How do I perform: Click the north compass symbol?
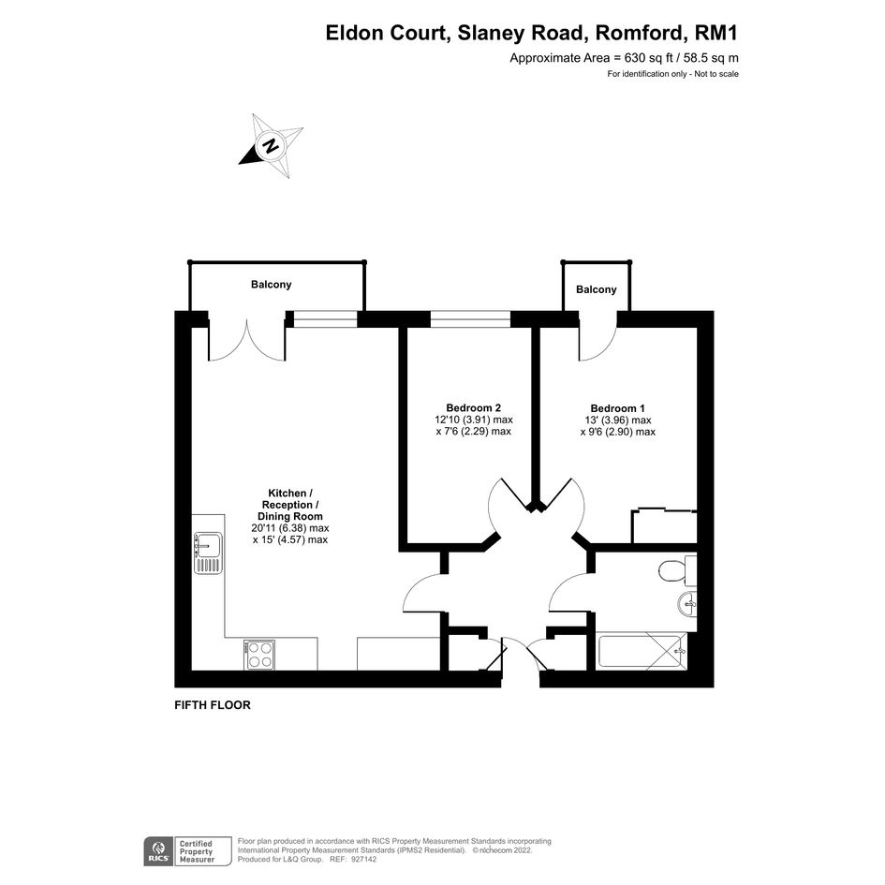(x=271, y=145)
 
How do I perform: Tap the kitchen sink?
(x=208, y=553)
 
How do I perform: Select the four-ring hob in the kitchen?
(x=259, y=655)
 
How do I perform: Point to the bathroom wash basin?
(x=687, y=605)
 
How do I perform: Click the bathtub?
(x=642, y=653)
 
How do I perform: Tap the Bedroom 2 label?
(x=474, y=407)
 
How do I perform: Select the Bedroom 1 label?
(x=617, y=408)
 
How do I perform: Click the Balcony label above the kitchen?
(x=271, y=285)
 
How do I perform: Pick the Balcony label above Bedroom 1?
(x=596, y=289)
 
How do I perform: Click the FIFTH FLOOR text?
(x=213, y=705)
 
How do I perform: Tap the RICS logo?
(x=158, y=851)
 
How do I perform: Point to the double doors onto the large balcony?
(x=247, y=342)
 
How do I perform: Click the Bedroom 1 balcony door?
(x=598, y=343)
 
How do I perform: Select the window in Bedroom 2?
(x=471, y=319)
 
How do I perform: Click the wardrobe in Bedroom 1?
(x=664, y=526)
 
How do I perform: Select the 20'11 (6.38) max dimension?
(x=290, y=528)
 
